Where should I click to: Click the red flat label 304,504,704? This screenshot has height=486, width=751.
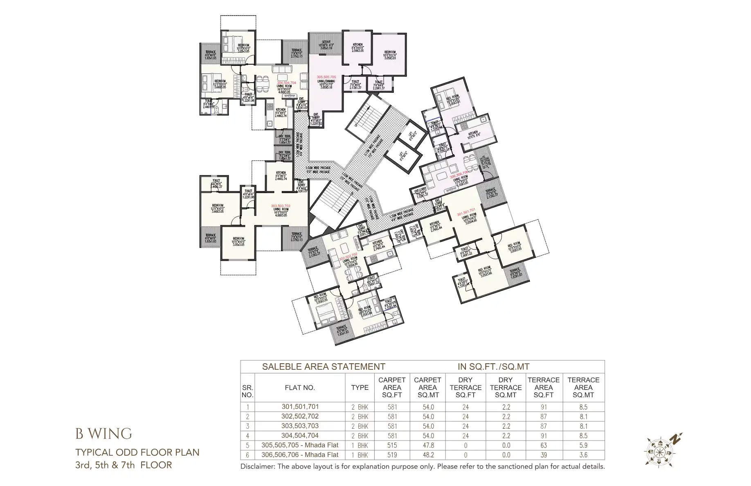pos(286,83)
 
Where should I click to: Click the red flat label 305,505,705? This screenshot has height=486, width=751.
pos(326,77)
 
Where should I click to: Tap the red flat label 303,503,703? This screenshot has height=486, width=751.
pos(281,206)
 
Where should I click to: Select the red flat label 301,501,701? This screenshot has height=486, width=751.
pos(466,210)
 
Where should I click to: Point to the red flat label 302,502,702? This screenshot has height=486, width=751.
pos(348,255)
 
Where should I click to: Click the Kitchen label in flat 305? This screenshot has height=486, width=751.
pos(357,45)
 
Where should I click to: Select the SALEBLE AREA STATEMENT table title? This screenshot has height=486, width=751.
pos(323,367)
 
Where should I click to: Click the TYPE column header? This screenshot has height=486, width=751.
pos(360,387)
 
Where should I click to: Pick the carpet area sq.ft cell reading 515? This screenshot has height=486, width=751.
pos(392,445)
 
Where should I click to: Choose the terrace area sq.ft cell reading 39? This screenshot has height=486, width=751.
pos(543,455)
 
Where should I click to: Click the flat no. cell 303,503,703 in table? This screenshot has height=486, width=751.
pos(300,426)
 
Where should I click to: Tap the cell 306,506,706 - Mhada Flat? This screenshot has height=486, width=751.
pos(300,454)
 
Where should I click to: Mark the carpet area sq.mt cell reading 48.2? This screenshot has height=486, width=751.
pos(428,455)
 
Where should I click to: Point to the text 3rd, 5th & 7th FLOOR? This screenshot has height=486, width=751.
pos(124,465)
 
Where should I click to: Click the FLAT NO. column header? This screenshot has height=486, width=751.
pos(300,387)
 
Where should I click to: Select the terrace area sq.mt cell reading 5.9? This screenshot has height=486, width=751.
pos(583,445)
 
